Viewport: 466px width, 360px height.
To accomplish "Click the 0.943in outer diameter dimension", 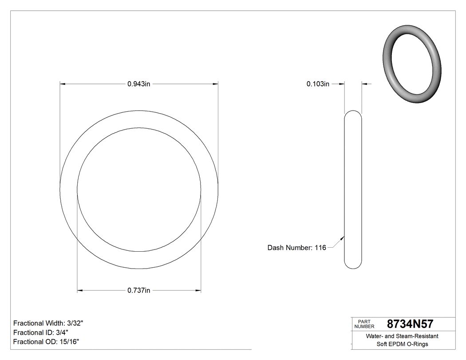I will click(139, 84).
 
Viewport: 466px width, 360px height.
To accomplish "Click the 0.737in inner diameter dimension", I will click(139, 291).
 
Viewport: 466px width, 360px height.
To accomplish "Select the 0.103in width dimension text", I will click(318, 84).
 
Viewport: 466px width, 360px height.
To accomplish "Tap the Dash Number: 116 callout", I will click(296, 248).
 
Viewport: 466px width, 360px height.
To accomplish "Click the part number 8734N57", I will click(410, 324).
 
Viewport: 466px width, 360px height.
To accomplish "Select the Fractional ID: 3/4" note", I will click(41, 332).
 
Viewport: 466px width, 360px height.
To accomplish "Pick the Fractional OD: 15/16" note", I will click(46, 342).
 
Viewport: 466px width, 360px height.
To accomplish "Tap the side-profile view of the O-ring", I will click(353, 190).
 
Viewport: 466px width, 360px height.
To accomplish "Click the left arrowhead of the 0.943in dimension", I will click(63, 84).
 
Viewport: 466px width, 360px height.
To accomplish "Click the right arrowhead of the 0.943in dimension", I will click(215, 84).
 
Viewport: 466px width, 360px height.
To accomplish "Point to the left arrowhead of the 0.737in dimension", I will click(80, 291).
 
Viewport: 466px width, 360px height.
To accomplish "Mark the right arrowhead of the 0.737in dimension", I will click(198, 291).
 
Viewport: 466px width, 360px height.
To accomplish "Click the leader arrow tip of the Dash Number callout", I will click(344, 236).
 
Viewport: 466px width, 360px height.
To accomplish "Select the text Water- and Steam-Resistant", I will click(402, 336).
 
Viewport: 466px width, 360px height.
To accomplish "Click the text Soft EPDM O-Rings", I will click(402, 344).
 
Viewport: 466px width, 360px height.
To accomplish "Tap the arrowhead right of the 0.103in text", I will click(365, 84).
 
